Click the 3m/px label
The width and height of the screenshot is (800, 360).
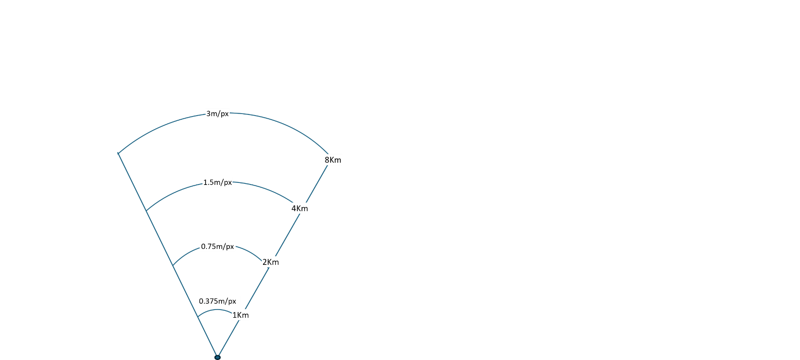(217, 114)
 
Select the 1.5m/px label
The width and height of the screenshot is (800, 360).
(217, 182)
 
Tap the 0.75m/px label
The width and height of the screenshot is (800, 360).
(217, 246)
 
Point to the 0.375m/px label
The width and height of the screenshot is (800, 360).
(217, 301)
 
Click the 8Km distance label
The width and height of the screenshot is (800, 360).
(333, 159)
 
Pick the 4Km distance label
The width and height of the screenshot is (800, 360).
(299, 208)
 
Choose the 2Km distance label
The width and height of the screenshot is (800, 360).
(271, 262)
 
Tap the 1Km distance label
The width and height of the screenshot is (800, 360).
(241, 315)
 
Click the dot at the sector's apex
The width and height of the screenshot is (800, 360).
(217, 357)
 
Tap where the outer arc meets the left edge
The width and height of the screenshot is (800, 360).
(119, 153)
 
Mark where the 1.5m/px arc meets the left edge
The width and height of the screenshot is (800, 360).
(146, 211)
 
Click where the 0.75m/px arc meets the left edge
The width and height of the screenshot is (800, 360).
(173, 266)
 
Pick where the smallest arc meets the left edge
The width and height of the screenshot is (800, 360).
(198, 317)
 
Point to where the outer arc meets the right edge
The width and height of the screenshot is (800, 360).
(328, 154)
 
